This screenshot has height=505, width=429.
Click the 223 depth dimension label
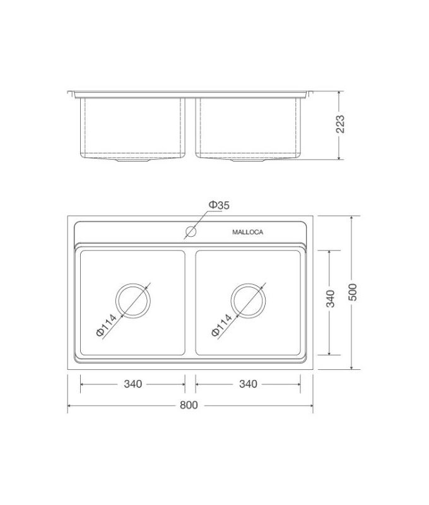[341, 125]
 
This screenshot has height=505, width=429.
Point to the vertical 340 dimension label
[331, 299]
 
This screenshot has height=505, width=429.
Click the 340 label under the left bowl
[132, 384]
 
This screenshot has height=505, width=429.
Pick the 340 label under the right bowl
[248, 384]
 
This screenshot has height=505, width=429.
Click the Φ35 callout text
[219, 205]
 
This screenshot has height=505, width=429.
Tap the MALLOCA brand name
[247, 232]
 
